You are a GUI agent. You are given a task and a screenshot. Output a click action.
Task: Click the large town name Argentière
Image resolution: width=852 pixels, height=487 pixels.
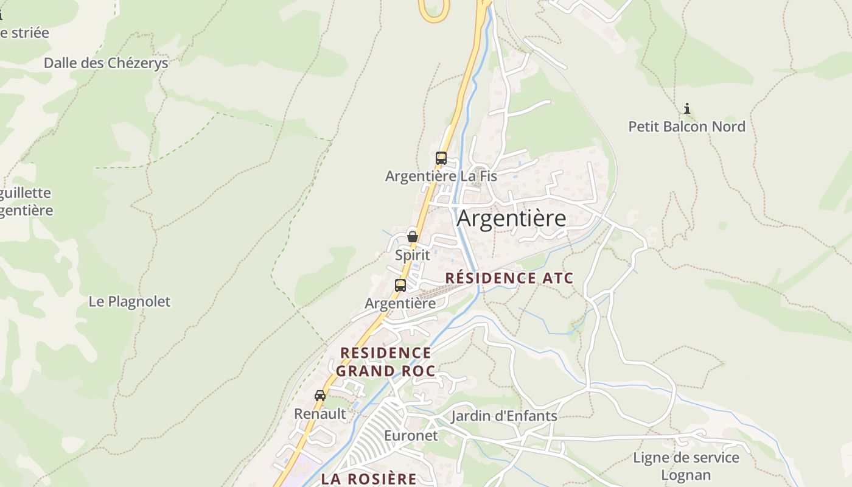511,218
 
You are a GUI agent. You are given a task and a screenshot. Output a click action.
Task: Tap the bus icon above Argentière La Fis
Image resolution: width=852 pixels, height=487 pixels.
441,158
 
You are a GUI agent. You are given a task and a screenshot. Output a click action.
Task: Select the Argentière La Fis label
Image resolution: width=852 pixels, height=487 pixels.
441,177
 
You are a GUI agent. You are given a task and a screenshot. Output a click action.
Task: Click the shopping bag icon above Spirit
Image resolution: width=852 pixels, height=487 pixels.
413,236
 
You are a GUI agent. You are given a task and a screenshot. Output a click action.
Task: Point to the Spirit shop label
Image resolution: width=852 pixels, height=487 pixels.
413,255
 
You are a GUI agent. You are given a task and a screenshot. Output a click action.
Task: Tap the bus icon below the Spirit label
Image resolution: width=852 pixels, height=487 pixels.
400,285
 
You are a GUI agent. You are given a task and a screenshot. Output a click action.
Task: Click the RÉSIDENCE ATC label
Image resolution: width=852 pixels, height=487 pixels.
509,278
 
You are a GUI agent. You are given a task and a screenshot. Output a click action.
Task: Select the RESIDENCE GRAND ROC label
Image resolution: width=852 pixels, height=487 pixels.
386,362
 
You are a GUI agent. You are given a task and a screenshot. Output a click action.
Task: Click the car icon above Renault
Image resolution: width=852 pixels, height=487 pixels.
320,396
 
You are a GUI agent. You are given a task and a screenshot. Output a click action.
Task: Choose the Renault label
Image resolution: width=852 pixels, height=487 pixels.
320,414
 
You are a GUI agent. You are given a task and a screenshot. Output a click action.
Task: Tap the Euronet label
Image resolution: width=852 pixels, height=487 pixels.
411,436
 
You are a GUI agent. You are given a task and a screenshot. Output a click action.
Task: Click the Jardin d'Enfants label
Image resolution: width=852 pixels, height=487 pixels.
504,416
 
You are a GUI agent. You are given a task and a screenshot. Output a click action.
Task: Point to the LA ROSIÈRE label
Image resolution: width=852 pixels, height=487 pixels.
369,478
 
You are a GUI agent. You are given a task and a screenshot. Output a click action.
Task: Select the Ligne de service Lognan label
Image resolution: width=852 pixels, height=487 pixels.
686,466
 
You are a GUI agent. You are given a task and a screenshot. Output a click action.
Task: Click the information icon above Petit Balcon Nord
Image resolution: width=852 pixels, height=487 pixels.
687,109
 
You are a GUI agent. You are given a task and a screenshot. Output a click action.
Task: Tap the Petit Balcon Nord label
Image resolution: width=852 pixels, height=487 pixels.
686,127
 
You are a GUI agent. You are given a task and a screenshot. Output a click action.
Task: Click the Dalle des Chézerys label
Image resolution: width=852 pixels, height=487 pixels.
106,63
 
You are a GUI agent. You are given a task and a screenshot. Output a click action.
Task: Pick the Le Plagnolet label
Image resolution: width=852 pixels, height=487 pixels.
130,301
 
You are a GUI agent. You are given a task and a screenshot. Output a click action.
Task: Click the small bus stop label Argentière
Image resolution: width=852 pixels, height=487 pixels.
400,303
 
